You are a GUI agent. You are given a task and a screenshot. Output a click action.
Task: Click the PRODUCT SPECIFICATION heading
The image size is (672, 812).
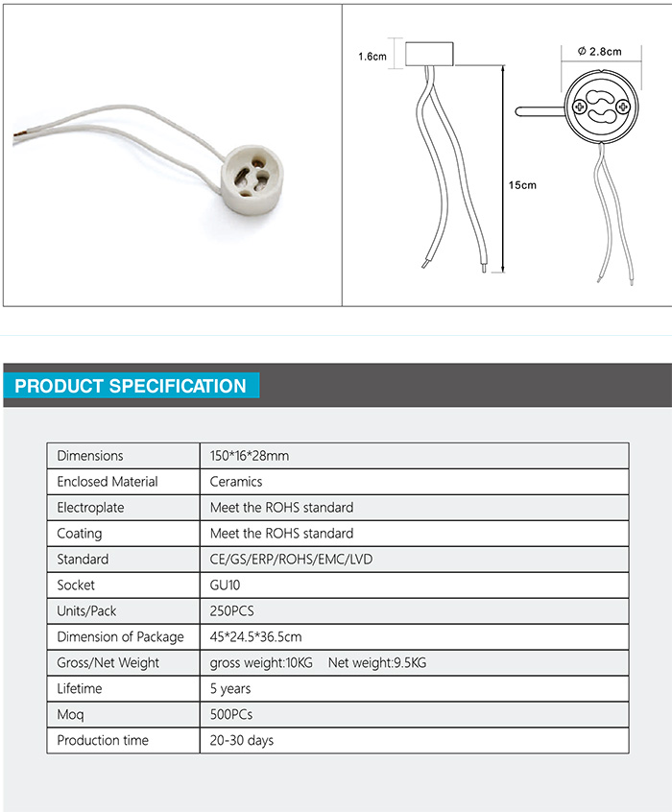point(132,386)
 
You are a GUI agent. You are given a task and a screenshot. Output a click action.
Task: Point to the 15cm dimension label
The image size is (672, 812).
point(523,184)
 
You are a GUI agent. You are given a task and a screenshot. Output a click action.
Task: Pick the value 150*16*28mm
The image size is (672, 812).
point(250,456)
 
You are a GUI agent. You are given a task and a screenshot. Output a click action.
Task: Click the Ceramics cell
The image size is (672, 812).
point(236,482)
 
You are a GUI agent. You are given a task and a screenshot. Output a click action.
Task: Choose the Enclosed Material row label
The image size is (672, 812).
point(108,482)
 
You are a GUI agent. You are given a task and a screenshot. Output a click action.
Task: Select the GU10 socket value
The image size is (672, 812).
point(227,585)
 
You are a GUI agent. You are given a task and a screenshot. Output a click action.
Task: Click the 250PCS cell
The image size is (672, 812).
point(231,611)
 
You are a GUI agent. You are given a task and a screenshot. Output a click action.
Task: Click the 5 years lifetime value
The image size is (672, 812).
point(230,689)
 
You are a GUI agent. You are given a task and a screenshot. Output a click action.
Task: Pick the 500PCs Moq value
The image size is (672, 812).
point(231,715)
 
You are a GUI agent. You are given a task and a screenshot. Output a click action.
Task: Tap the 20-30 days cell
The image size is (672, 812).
point(242,741)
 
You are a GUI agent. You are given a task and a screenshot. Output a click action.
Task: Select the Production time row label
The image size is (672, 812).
point(103,741)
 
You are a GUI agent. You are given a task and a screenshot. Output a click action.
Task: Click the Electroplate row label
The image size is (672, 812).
point(90,508)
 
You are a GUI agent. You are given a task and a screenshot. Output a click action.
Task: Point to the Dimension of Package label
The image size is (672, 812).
point(120,637)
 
